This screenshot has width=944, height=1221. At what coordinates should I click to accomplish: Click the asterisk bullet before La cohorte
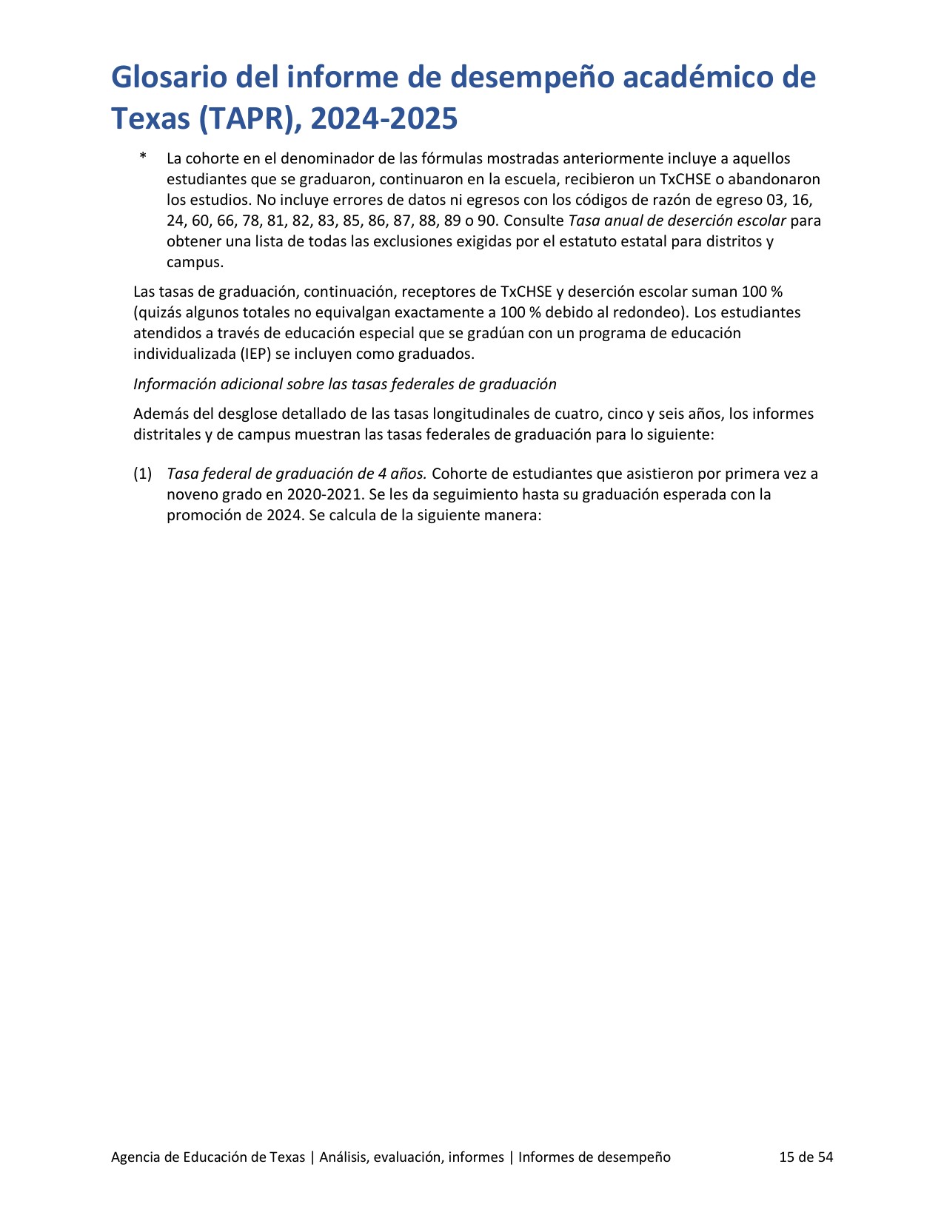[x=142, y=158]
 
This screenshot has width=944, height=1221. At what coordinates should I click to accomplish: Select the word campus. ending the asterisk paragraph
[x=195, y=262]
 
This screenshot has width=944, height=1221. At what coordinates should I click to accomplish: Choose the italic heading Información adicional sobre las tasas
[x=344, y=384]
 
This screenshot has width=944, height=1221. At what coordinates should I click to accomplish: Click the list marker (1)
[x=142, y=474]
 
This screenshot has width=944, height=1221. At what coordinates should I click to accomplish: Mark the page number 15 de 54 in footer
[x=806, y=1157]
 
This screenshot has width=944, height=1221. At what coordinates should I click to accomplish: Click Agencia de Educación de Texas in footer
[x=207, y=1157]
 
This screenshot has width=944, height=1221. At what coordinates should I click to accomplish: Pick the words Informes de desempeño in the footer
[x=594, y=1157]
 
